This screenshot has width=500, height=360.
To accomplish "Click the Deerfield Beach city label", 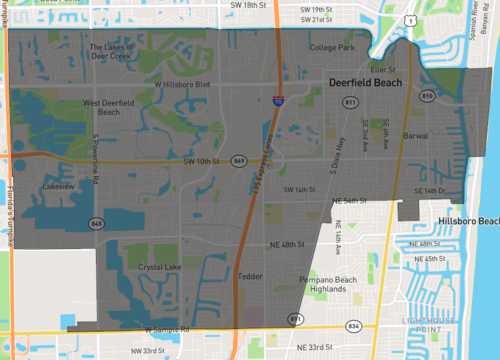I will pyautogui.click(x=365, y=84).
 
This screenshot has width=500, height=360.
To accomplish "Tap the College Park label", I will pyautogui.click(x=333, y=47).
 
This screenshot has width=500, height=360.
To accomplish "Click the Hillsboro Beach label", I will pyautogui.click(x=468, y=220).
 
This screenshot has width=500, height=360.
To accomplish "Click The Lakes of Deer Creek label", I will pyautogui.click(x=112, y=52).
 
